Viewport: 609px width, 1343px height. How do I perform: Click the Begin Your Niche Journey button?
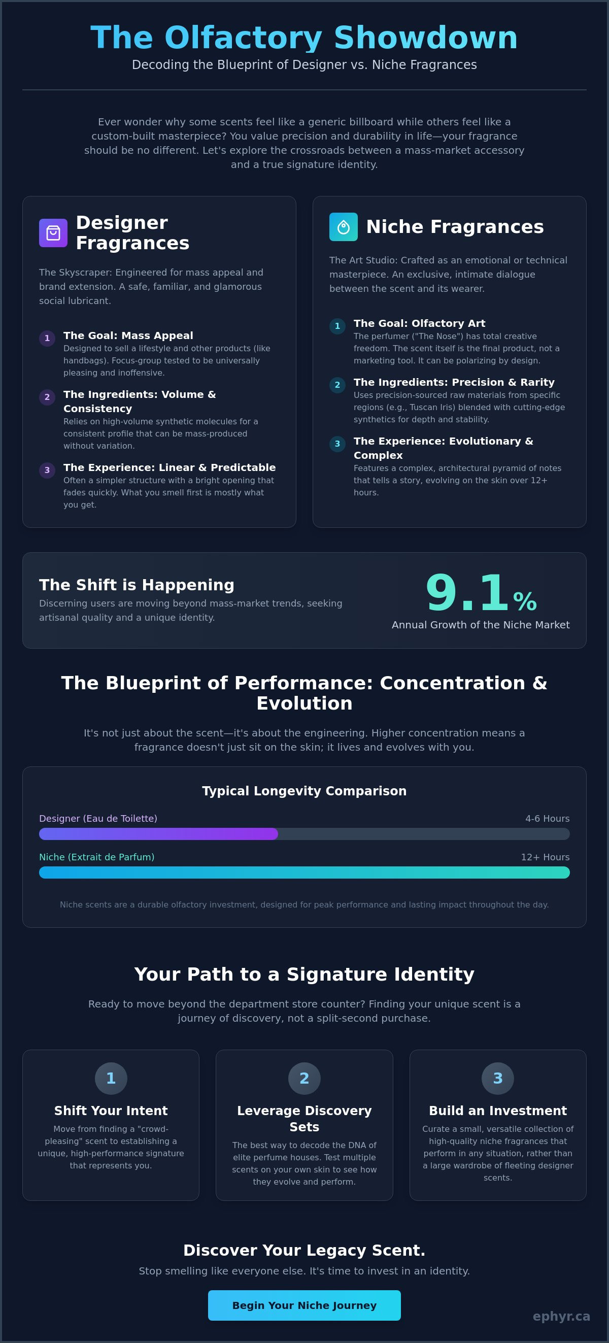(304, 1305)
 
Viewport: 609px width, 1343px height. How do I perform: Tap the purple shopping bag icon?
(53, 232)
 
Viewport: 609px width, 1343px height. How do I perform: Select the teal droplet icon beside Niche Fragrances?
(343, 227)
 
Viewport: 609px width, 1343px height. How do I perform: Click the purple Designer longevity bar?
(158, 833)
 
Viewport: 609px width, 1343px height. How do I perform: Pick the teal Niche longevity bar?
(304, 872)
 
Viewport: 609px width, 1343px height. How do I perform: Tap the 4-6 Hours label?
(548, 819)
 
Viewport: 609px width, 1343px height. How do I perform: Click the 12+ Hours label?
(546, 857)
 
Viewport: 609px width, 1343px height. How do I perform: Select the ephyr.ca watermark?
(561, 1317)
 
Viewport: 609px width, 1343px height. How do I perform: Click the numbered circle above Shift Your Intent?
(111, 1078)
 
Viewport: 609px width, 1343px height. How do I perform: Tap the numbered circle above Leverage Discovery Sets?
(304, 1078)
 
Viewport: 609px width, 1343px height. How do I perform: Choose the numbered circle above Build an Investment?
(498, 1078)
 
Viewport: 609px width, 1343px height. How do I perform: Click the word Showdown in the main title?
(425, 38)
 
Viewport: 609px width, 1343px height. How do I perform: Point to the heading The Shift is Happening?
(137, 585)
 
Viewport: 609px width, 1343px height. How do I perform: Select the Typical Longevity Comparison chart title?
(304, 791)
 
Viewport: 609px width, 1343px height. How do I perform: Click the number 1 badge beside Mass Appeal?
(47, 339)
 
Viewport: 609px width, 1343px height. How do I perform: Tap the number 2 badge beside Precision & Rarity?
(337, 385)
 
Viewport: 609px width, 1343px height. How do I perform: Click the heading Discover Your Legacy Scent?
(304, 1250)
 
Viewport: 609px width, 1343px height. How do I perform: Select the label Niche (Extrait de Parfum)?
(97, 857)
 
